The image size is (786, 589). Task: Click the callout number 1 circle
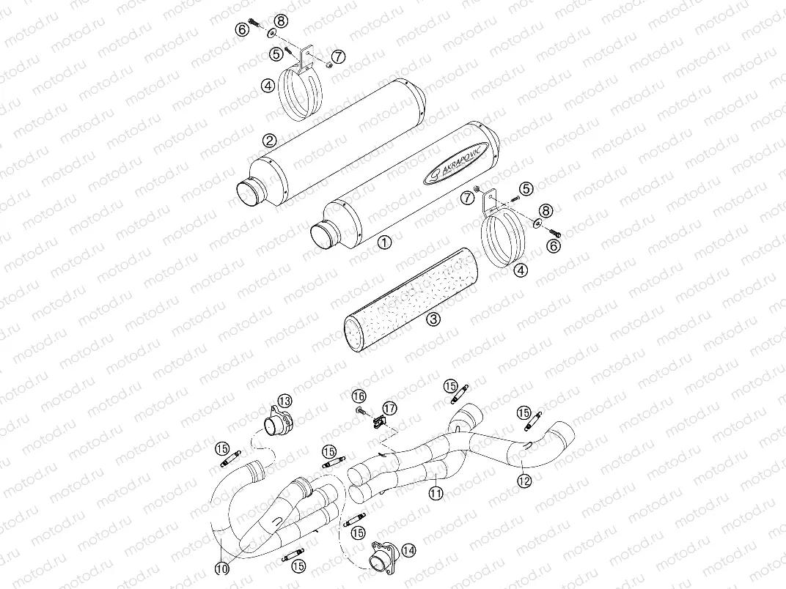pyautogui.click(x=385, y=240)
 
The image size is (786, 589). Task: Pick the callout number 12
pyautogui.click(x=523, y=481)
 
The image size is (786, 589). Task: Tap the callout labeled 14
pyautogui.click(x=408, y=549)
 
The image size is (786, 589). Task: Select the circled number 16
pyautogui.click(x=359, y=396)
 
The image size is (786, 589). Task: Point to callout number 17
pyautogui.click(x=388, y=407)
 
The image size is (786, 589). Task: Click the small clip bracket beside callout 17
pyautogui.click(x=380, y=421)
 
